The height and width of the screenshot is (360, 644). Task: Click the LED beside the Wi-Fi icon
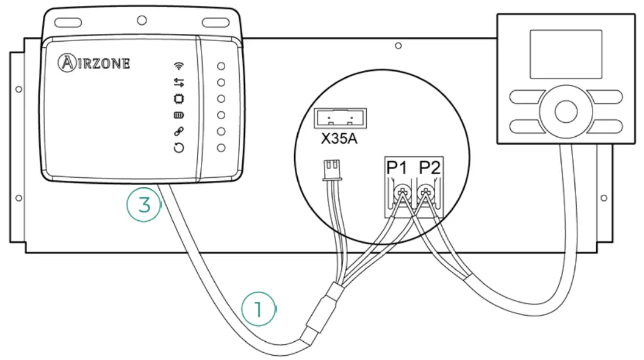[x=222, y=66]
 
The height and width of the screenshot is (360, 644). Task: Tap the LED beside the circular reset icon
[x=222, y=148]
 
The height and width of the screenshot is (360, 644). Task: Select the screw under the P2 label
[x=428, y=194]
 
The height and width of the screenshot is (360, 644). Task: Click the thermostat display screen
[x=565, y=54]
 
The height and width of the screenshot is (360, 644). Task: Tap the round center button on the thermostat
[x=565, y=111]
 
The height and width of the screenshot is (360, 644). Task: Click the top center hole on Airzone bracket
[x=142, y=20]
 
